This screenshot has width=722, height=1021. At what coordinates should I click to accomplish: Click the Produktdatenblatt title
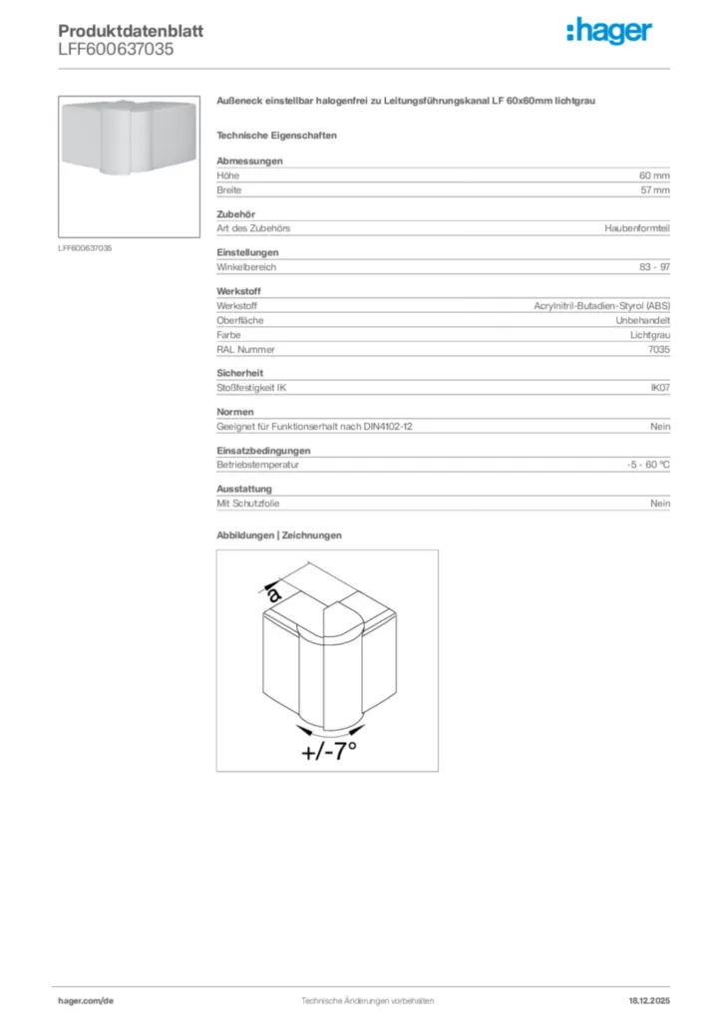(x=131, y=31)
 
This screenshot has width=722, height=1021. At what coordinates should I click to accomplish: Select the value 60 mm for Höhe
(x=654, y=175)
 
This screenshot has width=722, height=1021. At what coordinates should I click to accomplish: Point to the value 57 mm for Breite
(x=654, y=189)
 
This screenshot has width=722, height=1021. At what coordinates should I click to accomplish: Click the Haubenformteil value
(x=637, y=228)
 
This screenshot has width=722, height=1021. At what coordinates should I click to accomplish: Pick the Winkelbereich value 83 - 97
(x=654, y=267)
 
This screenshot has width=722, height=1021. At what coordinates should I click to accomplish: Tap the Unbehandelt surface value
(x=642, y=321)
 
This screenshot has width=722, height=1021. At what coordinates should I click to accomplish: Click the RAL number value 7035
(x=659, y=350)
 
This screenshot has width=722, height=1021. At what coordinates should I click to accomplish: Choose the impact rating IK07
(x=660, y=387)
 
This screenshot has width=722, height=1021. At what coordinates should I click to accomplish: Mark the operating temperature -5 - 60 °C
(x=642, y=465)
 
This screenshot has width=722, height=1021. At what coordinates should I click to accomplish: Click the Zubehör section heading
(x=236, y=214)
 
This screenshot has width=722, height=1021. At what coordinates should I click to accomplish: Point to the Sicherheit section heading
(x=239, y=373)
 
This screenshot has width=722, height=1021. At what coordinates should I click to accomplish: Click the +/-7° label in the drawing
(x=329, y=751)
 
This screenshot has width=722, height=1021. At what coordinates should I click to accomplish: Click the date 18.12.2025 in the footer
(x=649, y=1000)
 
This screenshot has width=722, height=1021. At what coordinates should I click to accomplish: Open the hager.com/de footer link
(x=86, y=1000)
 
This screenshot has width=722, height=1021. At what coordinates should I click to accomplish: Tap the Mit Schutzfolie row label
(x=248, y=504)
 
